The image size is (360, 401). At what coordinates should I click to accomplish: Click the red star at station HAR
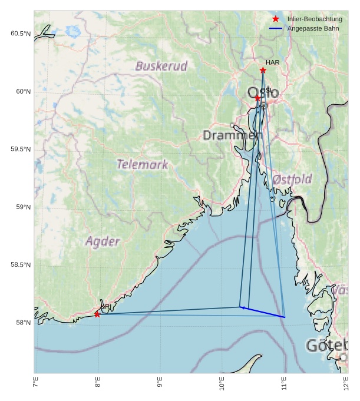click(263, 71)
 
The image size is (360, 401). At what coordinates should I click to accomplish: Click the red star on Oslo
click(257, 98)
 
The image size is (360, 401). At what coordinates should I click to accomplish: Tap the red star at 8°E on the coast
click(97, 314)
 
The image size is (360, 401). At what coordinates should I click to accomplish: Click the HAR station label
click(272, 62)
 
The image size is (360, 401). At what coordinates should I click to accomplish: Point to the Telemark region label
click(142, 164)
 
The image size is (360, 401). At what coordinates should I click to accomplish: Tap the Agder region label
click(103, 241)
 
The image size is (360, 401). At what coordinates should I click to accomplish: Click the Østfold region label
click(292, 178)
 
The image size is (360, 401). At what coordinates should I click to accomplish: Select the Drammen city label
click(232, 135)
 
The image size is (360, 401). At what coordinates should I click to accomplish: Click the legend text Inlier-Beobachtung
click(315, 19)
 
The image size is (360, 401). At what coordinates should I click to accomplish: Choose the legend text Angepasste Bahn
click(313, 28)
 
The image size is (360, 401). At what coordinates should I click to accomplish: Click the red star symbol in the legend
click(275, 19)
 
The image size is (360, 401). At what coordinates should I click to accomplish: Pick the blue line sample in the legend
click(275, 28)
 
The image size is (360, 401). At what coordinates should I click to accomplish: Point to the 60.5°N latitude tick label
click(20, 34)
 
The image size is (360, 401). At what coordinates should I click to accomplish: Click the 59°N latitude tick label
click(22, 207)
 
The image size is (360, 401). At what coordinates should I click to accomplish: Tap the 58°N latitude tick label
click(22, 323)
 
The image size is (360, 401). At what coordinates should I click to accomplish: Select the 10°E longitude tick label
click(222, 384)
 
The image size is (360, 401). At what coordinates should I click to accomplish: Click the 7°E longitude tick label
click(35, 384)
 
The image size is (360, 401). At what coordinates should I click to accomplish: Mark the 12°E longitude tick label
click(346, 384)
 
